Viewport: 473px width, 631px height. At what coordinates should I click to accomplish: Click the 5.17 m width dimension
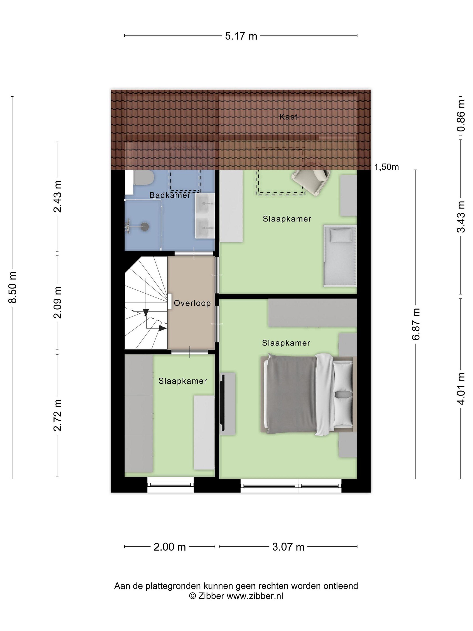click(241, 36)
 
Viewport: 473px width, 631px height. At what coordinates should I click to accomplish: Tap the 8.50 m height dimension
click(13, 287)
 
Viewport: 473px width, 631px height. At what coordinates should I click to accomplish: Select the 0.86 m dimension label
click(461, 115)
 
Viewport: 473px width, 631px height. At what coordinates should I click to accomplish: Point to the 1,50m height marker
click(386, 167)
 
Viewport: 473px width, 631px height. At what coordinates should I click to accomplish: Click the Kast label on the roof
click(288, 117)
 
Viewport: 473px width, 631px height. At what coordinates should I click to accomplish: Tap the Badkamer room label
click(170, 195)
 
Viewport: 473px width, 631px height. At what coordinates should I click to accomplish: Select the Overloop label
click(192, 303)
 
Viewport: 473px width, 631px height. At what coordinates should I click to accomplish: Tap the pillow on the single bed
click(341, 236)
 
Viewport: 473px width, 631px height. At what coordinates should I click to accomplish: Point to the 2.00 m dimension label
click(170, 547)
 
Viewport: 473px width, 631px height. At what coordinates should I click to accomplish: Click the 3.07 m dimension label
click(288, 547)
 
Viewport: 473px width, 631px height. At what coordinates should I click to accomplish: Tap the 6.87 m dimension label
click(416, 324)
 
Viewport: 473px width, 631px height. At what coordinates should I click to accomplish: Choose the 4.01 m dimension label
click(461, 388)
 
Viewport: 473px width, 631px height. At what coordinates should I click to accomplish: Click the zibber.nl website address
click(255, 596)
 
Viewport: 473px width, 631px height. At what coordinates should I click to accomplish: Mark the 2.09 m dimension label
click(57, 302)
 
